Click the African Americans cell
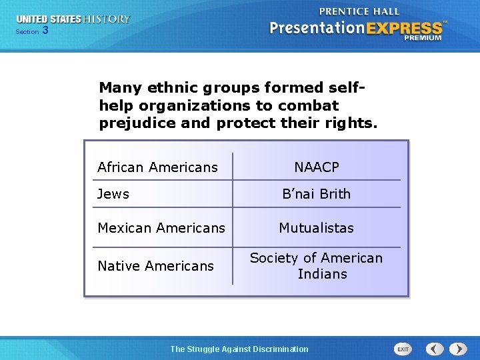click(x=157, y=167)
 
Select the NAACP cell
click(x=317, y=167)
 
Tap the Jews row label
click(x=113, y=194)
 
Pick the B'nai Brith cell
click(x=317, y=194)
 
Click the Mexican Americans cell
click(x=161, y=228)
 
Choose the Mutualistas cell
click(x=317, y=228)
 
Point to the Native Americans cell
click(x=156, y=266)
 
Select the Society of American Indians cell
click(x=317, y=266)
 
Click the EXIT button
click(x=403, y=349)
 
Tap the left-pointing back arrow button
click(x=435, y=349)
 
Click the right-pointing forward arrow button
click(x=458, y=349)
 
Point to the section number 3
click(x=45, y=31)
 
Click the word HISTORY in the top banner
click(x=107, y=19)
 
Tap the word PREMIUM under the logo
click(x=422, y=39)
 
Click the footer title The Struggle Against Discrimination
click(x=239, y=349)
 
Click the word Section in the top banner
click(x=27, y=31)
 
